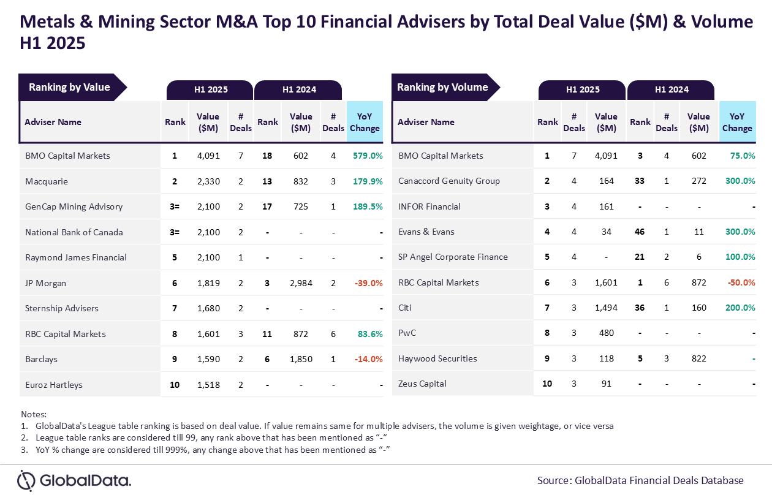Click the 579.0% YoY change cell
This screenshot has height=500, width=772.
(368, 156)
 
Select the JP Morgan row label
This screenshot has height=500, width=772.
(45, 283)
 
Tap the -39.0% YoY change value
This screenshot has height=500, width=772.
(368, 283)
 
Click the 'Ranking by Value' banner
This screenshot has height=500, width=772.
(69, 87)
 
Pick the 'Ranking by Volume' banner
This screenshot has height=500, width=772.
(442, 87)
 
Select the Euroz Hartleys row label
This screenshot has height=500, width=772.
(54, 385)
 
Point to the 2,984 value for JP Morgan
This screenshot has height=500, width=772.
(301, 283)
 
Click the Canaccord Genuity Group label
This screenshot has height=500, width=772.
(448, 181)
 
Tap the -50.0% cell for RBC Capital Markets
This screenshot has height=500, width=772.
(741, 282)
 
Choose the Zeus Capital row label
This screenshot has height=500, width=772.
(422, 384)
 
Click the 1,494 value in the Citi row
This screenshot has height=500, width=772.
(606, 308)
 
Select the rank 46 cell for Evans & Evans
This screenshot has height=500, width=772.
(640, 232)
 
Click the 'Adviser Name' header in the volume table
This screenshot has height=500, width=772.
(426, 122)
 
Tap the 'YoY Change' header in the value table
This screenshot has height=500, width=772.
(365, 122)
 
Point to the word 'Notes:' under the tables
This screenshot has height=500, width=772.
(34, 414)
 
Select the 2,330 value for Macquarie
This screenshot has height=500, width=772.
(208, 181)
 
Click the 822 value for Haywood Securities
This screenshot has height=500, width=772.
(698, 358)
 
